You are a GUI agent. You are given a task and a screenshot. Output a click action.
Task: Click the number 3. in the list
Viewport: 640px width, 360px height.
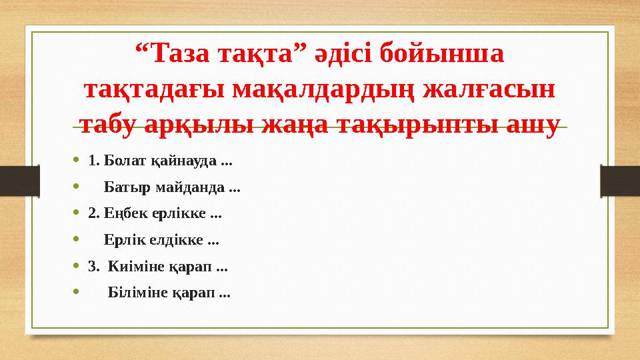coord(93,267)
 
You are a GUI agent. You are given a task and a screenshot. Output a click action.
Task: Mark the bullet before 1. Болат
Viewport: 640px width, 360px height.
coord(77,161)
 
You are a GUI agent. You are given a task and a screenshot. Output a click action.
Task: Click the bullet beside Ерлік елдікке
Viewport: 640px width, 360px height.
coord(77,240)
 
